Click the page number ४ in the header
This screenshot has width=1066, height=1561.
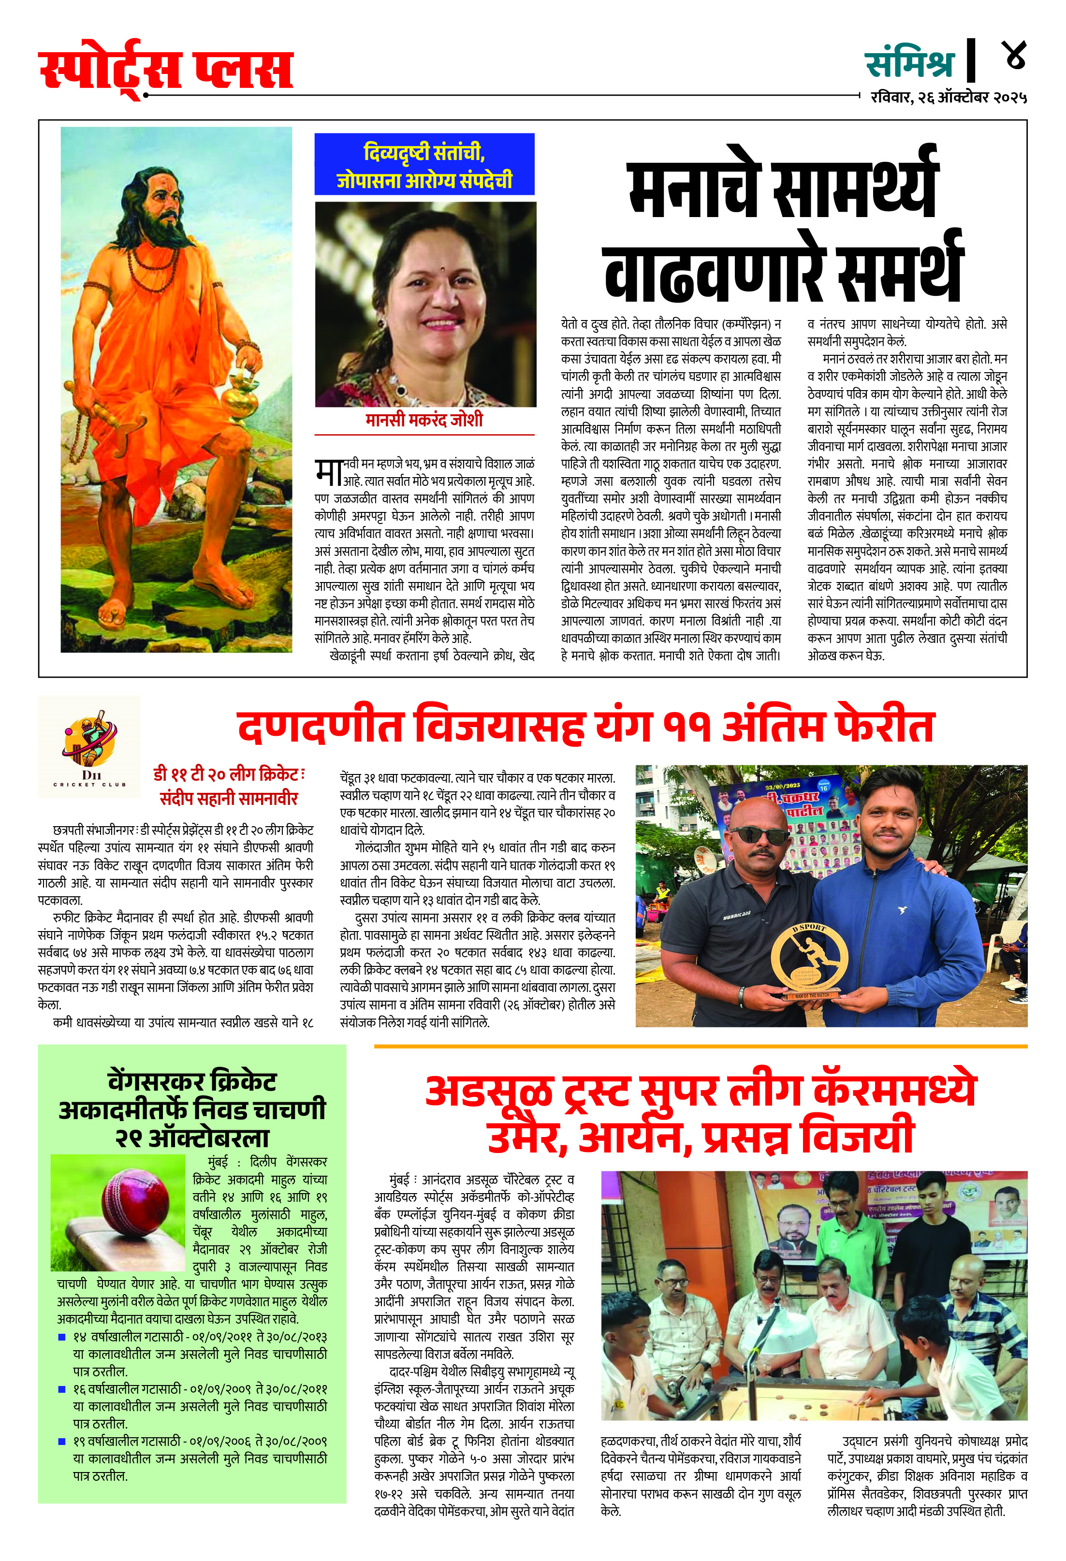1015,56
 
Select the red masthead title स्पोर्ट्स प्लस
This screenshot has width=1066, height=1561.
167,70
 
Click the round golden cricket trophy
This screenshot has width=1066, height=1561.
809,959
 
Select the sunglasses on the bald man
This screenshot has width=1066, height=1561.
759,835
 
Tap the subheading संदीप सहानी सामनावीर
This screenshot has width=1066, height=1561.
228,799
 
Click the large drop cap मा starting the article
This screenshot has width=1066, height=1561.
328,471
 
